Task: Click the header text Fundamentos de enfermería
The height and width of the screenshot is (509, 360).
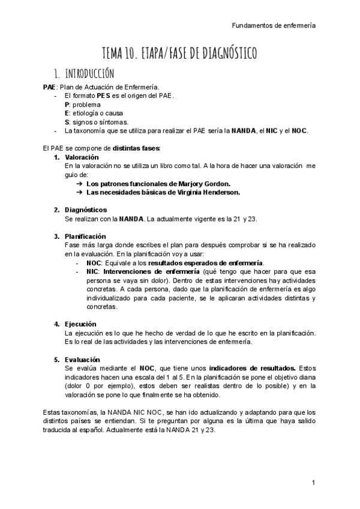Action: [x=274, y=26]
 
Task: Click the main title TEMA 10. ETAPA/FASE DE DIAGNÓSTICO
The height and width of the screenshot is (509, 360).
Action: [x=180, y=54]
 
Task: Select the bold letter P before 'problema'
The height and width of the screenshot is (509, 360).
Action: [x=67, y=104]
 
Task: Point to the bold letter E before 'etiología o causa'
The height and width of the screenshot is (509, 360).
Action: [x=67, y=113]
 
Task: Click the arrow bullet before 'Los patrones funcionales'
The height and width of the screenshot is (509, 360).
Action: [x=79, y=183]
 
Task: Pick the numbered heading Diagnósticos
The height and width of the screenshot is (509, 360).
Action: [x=86, y=209]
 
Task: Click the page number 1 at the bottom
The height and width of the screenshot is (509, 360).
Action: [x=313, y=483]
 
